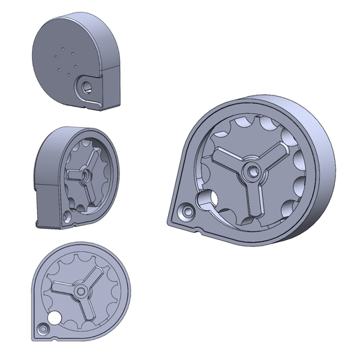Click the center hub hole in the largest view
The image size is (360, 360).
250,170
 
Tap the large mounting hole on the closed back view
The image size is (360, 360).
87,88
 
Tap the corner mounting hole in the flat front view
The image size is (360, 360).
42,328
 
